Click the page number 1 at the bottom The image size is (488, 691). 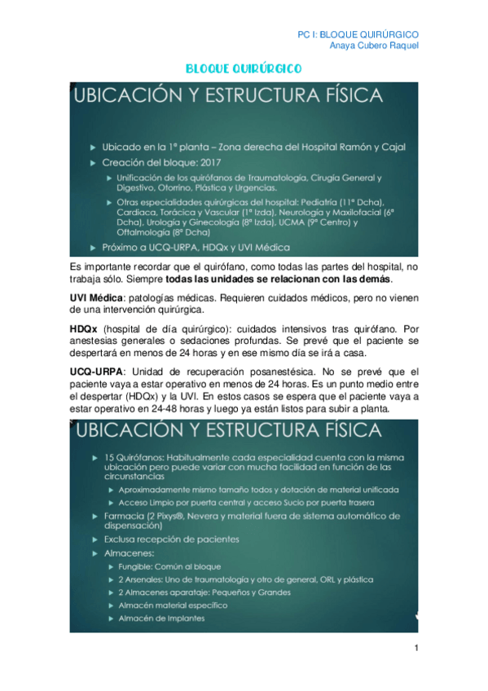(x=415, y=648)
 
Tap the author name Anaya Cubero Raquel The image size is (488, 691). (x=379, y=46)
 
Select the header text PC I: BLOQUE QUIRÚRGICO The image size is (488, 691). (x=359, y=34)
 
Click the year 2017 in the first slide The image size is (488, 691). (x=209, y=162)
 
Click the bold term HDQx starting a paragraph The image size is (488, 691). (x=83, y=327)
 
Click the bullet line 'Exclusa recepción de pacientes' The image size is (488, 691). (x=170, y=539)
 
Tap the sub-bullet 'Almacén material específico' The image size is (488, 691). (x=173, y=605)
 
